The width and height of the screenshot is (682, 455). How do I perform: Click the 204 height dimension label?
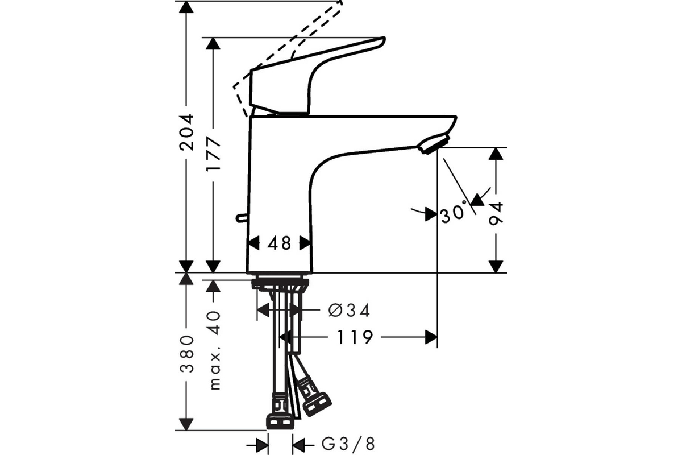186,133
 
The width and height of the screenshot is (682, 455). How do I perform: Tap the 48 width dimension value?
279,243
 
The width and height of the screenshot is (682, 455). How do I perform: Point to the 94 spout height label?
496,213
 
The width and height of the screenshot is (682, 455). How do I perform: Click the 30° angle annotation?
454,212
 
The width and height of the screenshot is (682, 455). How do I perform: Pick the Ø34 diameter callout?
349,311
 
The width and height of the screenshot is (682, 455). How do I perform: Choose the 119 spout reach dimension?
355,337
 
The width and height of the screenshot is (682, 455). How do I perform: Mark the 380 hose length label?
186,354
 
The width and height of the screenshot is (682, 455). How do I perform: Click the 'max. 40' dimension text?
214,350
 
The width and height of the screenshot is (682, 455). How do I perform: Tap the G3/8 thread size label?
348,444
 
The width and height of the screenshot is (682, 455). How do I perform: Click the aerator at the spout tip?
434,143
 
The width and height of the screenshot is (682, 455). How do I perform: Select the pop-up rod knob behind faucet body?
242,218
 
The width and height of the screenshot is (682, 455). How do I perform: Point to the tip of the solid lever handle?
384,39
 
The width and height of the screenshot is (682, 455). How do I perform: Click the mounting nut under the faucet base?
280,284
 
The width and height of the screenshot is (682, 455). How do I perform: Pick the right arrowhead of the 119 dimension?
431,337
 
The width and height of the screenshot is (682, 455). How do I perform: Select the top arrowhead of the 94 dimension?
496,154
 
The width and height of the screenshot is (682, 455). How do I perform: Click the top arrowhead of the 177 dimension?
213,44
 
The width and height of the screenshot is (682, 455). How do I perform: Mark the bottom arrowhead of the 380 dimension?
186,424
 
